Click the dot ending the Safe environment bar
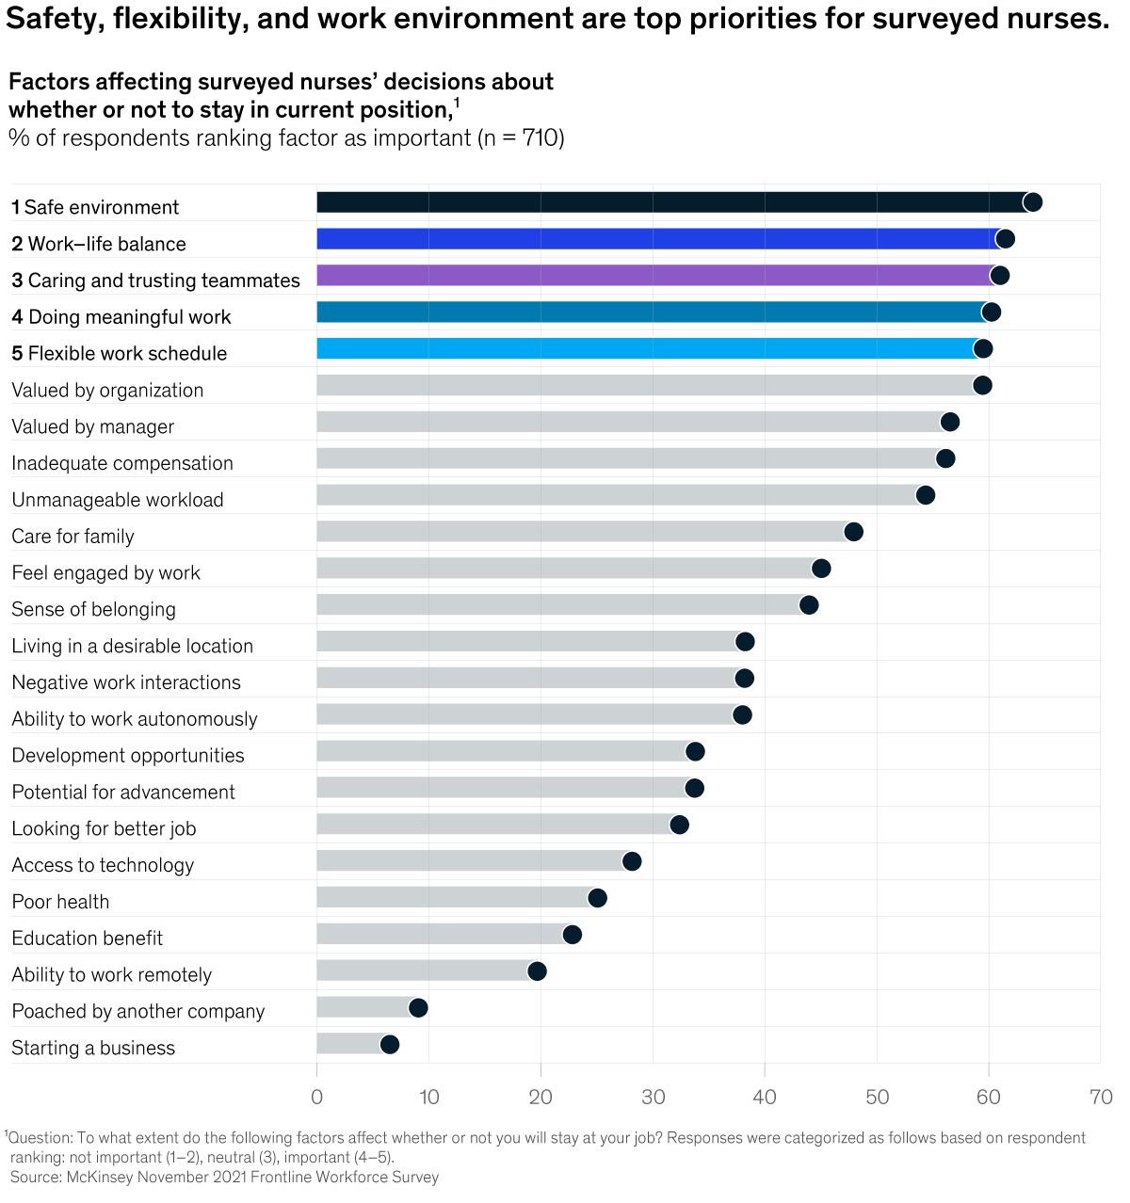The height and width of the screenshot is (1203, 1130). pyautogui.click(x=1032, y=202)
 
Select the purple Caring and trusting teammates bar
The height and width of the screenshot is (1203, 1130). pyautogui.click(x=654, y=276)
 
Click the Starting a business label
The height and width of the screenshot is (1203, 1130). pyautogui.click(x=93, y=1048)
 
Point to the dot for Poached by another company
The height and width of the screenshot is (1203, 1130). pyautogui.click(x=418, y=1008)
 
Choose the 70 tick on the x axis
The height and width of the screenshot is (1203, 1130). pyautogui.click(x=1100, y=1097)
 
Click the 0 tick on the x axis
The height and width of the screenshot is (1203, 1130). pyautogui.click(x=316, y=1097)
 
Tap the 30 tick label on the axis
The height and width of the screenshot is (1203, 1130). pyautogui.click(x=653, y=1097)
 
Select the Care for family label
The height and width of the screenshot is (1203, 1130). pyautogui.click(x=73, y=537)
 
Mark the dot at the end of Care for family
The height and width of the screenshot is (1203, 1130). pyautogui.click(x=853, y=532)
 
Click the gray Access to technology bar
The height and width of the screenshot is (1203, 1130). pyautogui.click(x=471, y=861)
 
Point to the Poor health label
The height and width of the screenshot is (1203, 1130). pyautogui.click(x=60, y=902)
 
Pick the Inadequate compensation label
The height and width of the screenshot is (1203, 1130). pyautogui.click(x=122, y=463)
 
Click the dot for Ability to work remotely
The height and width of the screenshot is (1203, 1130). pyautogui.click(x=537, y=971)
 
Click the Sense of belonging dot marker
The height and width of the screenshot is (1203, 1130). pyautogui.click(x=808, y=605)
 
